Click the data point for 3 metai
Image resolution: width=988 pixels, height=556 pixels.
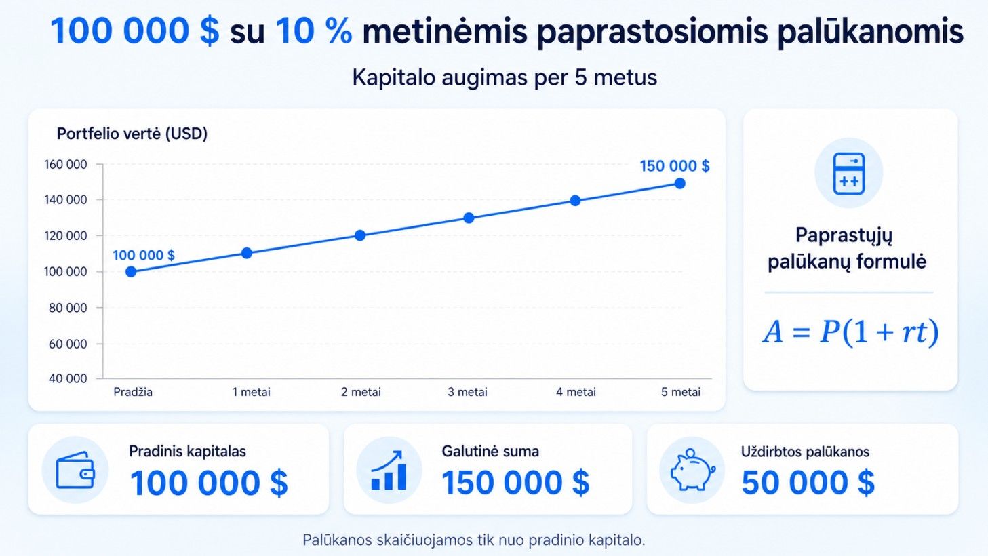click(x=469, y=218)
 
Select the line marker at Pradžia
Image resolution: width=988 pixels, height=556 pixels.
click(x=131, y=272)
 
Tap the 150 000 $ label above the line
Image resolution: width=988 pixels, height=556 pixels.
click(x=675, y=166)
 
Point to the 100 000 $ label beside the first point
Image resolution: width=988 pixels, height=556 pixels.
click(x=144, y=255)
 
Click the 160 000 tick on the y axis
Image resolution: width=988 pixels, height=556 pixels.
click(x=65, y=165)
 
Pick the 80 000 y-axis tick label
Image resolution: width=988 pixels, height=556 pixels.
click(x=68, y=308)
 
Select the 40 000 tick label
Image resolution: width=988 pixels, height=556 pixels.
click(x=68, y=378)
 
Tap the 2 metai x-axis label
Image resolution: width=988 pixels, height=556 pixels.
click(x=361, y=392)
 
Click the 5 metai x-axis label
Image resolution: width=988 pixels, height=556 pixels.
click(x=681, y=392)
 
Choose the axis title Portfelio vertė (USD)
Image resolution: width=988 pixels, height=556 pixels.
click(x=132, y=134)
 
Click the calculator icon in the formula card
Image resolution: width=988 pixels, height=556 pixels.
click(x=848, y=174)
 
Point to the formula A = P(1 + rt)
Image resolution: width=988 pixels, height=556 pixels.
click(x=850, y=332)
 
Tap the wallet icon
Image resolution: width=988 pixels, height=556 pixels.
click(x=75, y=470)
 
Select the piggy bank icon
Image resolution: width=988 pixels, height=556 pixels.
click(x=692, y=470)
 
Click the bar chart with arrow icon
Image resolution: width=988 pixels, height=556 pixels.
click(x=389, y=470)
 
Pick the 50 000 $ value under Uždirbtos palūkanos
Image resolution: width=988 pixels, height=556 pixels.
click(x=808, y=483)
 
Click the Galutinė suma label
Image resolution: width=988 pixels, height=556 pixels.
click(x=490, y=452)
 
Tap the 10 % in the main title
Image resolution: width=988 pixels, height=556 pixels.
click(x=313, y=31)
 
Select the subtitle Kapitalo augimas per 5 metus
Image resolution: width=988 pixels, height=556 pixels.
click(x=505, y=77)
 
